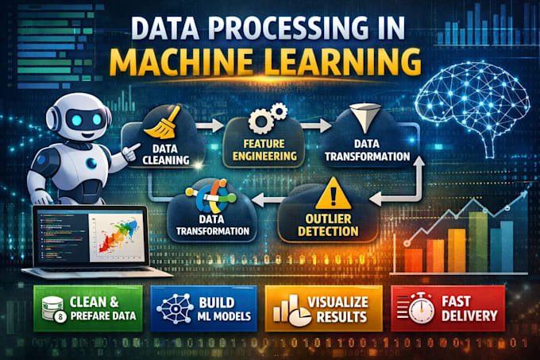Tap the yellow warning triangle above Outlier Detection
click(333, 195)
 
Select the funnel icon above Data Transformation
click(365, 118)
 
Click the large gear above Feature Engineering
click(260, 121)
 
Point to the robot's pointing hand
click(131, 152)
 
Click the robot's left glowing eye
click(77, 120)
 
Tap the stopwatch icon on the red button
click(421, 308)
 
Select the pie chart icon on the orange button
click(299, 316)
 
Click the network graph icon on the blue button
click(175, 308)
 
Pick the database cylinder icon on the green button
click(52, 308)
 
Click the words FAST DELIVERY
click(469, 308)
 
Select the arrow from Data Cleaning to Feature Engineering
click(210, 126)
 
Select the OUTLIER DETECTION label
click(328, 225)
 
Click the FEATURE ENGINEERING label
click(264, 150)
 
